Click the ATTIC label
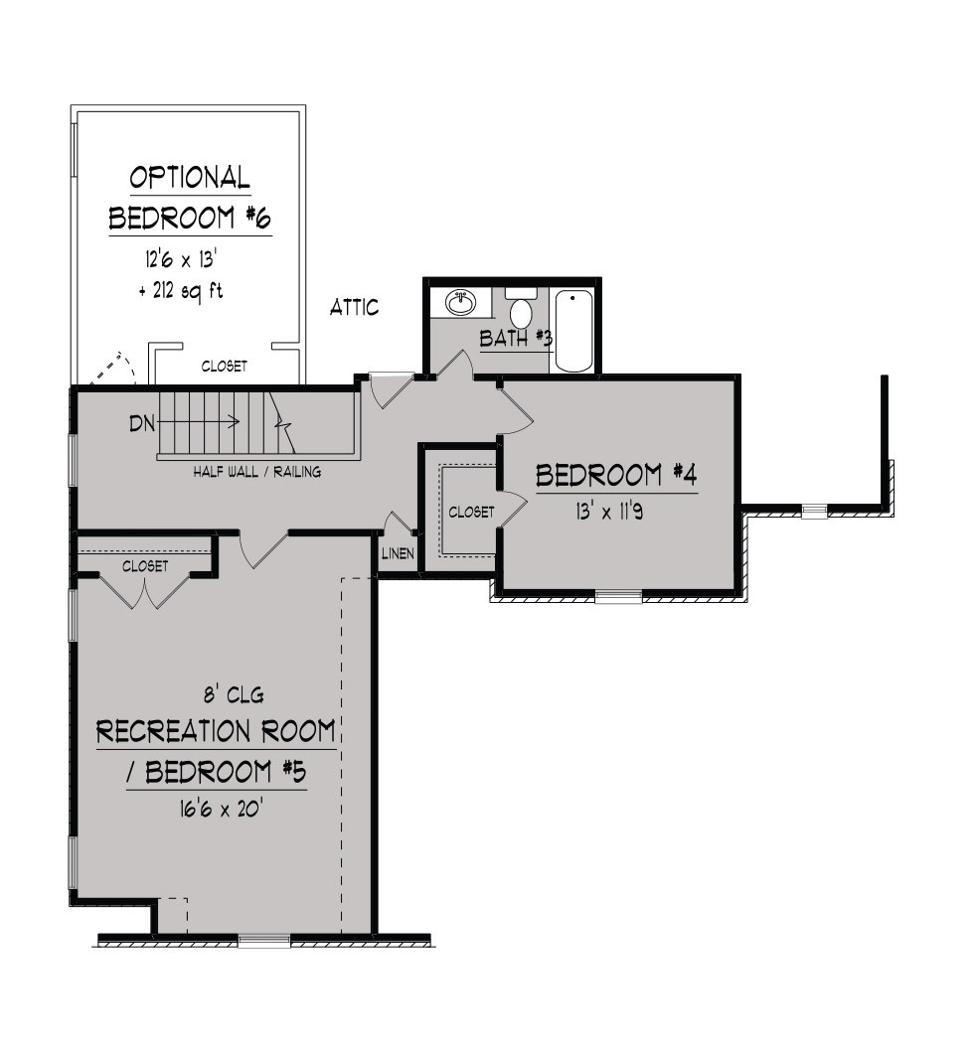point(354,307)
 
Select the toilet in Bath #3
point(521,306)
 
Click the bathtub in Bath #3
point(574,331)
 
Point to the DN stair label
point(142,423)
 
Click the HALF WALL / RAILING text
point(257,472)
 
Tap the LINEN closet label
point(398,554)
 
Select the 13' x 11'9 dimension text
point(608,512)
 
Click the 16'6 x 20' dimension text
point(220,809)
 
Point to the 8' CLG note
point(234,694)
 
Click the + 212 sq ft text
point(181,291)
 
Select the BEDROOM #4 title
point(616,476)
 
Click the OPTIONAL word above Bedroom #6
point(190,177)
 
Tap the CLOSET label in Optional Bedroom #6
point(225,366)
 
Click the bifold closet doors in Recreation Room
point(144,591)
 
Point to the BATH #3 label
point(516,338)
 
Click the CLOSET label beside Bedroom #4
point(471,512)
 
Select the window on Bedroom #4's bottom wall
point(618,596)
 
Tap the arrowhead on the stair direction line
point(235,422)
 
